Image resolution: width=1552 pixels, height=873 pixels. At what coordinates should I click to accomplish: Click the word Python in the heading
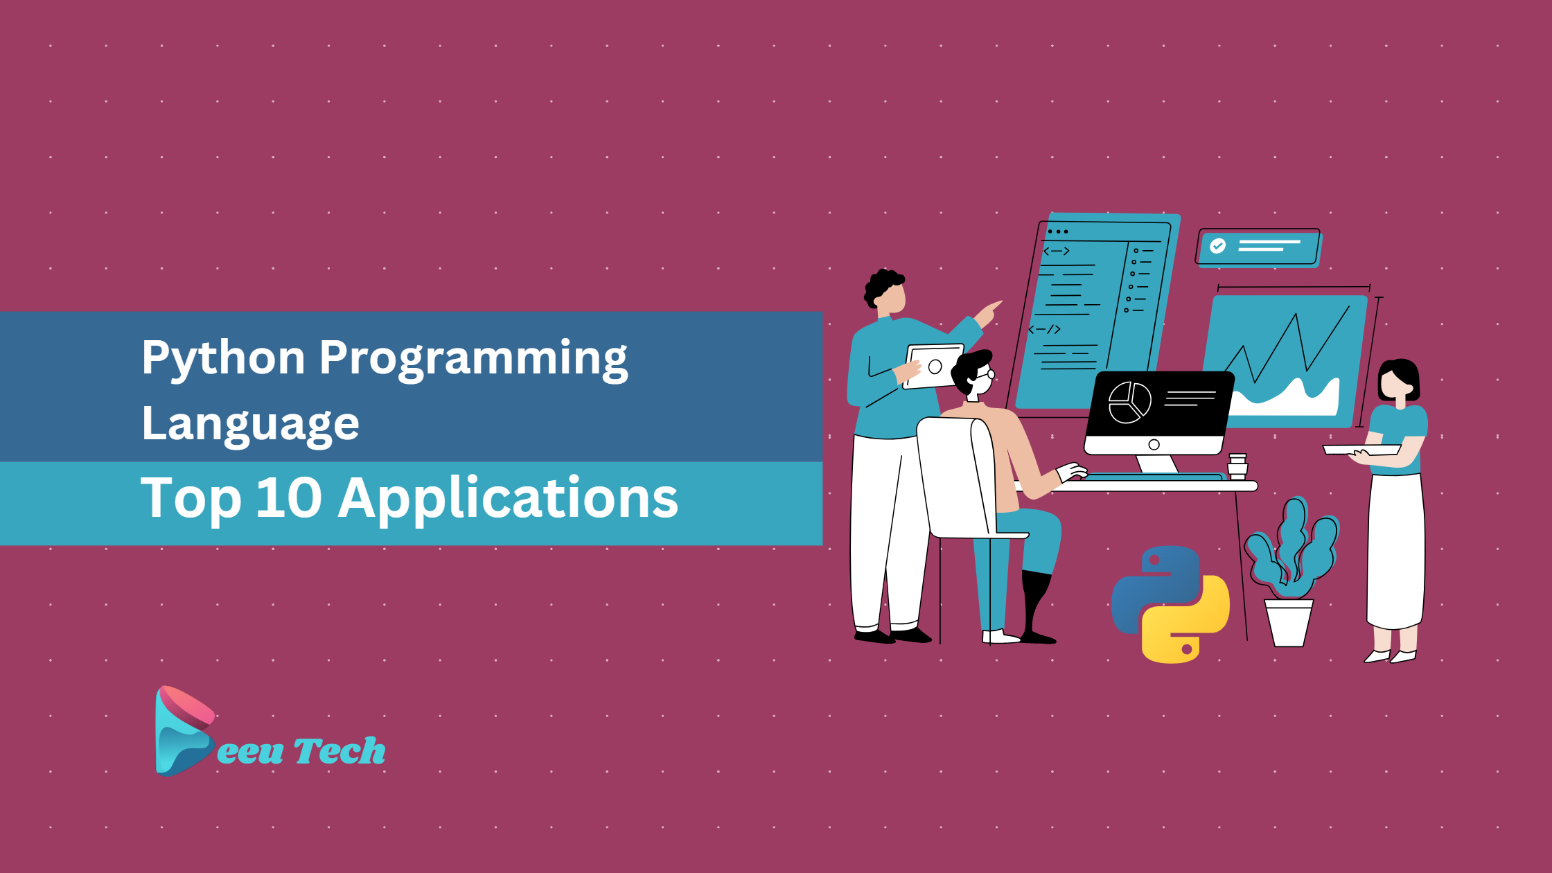coord(223,359)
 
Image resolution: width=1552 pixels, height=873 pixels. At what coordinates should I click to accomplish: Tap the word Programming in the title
coord(473,359)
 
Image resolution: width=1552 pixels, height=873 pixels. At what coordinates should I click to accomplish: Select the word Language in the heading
coord(250,424)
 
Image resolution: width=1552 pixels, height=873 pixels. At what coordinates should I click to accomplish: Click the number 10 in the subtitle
coord(289,497)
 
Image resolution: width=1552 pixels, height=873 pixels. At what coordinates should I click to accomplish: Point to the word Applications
coord(508,499)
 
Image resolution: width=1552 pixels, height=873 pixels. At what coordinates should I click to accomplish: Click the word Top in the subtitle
coord(191,499)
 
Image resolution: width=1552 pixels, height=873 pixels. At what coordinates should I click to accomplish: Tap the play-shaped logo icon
coord(184,730)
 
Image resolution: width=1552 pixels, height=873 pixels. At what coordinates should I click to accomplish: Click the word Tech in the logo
coord(339,751)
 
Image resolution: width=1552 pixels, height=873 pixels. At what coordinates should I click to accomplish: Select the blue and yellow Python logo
coord(1170,604)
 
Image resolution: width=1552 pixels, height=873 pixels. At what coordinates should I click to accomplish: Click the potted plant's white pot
coord(1289,623)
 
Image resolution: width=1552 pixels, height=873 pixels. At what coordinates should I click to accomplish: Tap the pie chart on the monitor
coord(1129,402)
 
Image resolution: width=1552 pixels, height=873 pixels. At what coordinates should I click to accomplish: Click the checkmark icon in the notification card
coord(1217,246)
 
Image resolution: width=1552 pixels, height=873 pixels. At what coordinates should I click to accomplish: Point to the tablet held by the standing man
coord(933,367)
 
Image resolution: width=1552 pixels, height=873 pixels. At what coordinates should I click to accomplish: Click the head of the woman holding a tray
coord(1398,382)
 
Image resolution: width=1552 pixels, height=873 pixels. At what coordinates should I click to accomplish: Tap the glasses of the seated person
coord(986,375)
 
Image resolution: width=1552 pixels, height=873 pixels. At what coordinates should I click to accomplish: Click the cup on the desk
coord(1237,466)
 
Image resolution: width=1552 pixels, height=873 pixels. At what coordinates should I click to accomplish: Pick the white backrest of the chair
coord(956,477)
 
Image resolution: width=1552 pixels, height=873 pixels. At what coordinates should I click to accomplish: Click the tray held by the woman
coord(1361,450)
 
